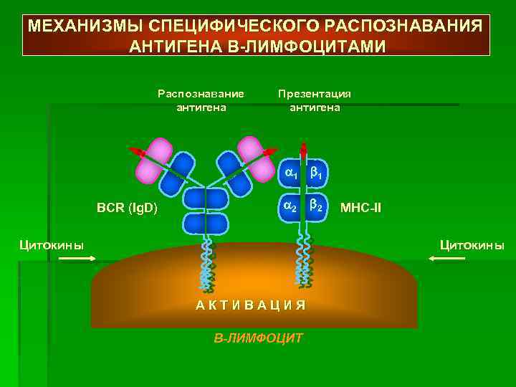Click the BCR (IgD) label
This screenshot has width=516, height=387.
128,209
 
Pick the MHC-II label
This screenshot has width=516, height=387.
360,209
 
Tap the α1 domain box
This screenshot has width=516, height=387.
290,173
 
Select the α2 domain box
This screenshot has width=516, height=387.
290,206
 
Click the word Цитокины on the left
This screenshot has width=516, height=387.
51,245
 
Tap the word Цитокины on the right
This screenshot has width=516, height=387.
472,245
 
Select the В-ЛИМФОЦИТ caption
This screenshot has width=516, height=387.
259,337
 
